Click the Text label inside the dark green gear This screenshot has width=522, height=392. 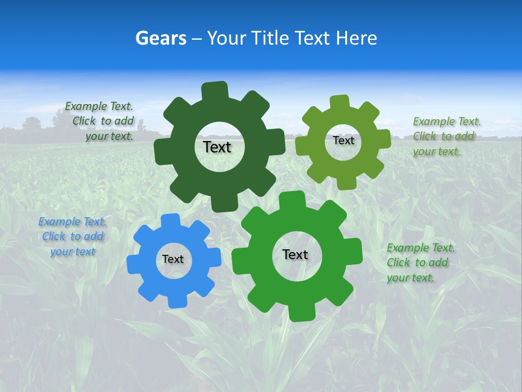(217, 147)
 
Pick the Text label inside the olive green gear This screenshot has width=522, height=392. (343, 140)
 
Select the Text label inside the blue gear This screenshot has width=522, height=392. (173, 260)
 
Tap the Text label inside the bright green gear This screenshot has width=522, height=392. (295, 254)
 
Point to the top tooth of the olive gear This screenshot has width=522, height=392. (339, 102)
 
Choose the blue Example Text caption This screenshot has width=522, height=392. (72, 237)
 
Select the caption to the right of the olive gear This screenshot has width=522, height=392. (446, 136)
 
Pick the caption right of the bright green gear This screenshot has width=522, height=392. (420, 262)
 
